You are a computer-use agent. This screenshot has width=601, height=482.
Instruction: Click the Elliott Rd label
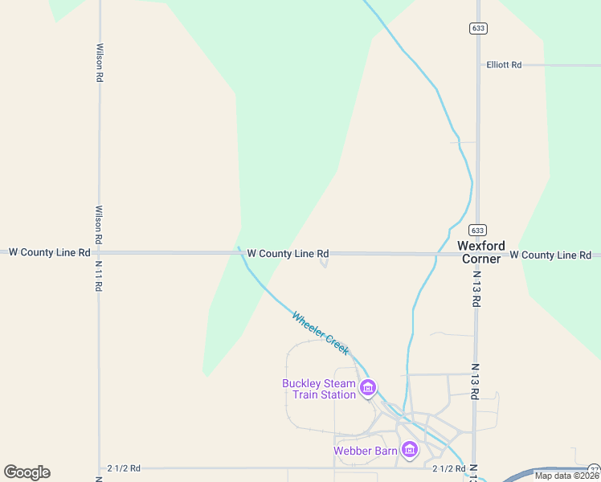[504, 65]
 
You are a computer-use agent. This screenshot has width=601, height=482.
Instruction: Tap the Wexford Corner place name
[481, 252]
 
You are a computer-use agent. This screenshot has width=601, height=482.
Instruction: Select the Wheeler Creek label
[321, 333]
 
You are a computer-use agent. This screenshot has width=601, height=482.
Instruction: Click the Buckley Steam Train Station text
[319, 389]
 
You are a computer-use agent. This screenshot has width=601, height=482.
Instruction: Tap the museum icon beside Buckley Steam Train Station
[368, 389]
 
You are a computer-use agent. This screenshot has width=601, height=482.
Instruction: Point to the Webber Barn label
[366, 451]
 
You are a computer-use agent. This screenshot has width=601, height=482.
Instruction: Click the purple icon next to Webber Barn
[410, 450]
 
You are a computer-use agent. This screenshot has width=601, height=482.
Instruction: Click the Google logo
[27, 472]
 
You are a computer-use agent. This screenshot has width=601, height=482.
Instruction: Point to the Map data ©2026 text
[567, 476]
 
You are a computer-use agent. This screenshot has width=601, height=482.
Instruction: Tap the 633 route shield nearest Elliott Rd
[478, 28]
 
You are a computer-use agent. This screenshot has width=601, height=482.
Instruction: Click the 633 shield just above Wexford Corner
[477, 229]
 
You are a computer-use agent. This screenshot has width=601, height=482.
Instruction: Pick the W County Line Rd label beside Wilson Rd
[49, 252]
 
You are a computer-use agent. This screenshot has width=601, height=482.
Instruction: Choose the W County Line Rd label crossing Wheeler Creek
[288, 253]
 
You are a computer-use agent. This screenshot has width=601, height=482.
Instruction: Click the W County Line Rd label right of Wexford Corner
[550, 255]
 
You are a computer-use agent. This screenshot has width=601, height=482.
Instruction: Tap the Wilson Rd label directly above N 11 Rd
[99, 225]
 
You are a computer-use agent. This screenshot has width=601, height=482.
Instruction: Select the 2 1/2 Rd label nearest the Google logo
[124, 468]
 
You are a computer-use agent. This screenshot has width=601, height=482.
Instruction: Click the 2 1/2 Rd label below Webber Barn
[449, 468]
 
